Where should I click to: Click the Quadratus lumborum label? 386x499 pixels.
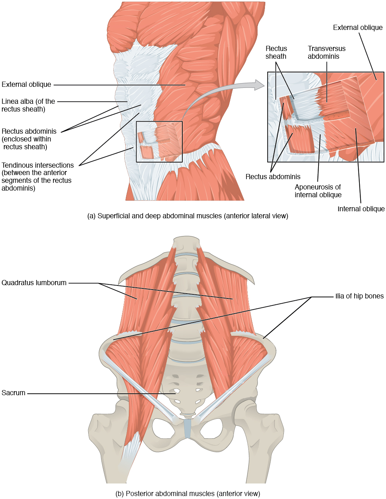(x=34, y=283)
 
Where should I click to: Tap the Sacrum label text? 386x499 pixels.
(x=14, y=393)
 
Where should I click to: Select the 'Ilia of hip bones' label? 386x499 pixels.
(x=359, y=296)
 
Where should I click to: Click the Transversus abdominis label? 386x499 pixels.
(x=326, y=52)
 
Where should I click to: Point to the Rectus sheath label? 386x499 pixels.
(x=276, y=52)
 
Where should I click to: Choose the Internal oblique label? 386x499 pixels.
(x=361, y=209)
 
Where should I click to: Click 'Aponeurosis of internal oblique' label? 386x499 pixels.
(x=318, y=191)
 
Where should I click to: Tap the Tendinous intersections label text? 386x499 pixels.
(x=37, y=177)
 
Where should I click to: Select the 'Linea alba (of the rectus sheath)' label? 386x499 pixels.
(x=28, y=105)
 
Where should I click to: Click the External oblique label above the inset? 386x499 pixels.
(x=357, y=28)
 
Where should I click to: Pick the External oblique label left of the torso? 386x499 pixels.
(x=26, y=85)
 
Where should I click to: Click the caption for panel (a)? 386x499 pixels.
(x=187, y=216)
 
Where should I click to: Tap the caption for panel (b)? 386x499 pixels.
(x=187, y=494)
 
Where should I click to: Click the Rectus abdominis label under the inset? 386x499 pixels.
(x=273, y=177)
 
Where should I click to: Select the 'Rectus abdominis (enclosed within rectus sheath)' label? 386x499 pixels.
(x=29, y=139)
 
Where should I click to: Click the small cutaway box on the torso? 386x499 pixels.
(x=159, y=141)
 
